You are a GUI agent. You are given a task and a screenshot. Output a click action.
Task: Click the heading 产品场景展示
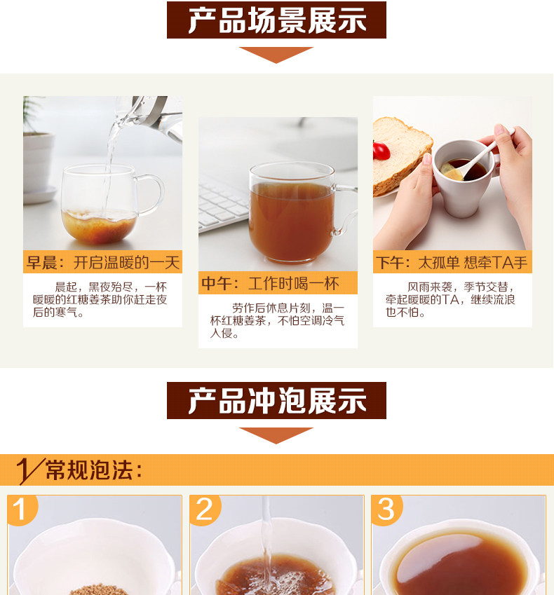(x=277, y=20)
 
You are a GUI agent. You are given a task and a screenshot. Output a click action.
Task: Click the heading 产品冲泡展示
(x=277, y=401)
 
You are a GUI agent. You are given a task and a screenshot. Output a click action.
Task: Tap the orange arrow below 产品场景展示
(x=276, y=55)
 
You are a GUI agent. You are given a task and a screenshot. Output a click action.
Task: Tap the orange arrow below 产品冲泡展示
(x=276, y=435)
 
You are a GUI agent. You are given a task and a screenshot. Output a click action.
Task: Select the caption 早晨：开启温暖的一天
(x=102, y=262)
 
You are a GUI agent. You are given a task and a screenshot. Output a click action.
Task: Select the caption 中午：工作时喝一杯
(x=270, y=283)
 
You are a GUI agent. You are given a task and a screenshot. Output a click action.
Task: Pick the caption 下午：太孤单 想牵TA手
(x=452, y=262)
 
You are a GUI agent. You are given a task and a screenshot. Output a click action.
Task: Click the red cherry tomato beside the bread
(x=381, y=151)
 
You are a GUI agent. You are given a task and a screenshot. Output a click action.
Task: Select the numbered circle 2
(x=205, y=509)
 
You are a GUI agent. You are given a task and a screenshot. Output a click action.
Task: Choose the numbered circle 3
(x=386, y=509)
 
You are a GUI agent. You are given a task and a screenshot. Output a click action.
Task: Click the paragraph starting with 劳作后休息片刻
(x=277, y=321)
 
